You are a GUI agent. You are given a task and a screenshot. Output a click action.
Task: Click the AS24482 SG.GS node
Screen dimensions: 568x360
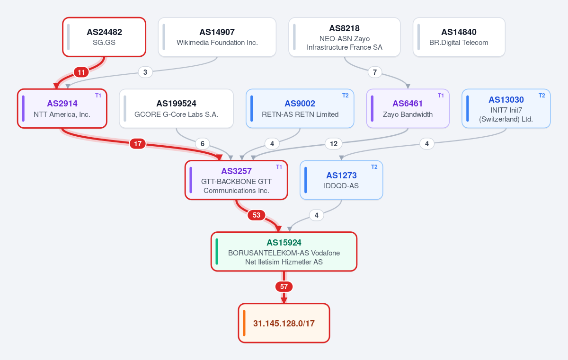104,37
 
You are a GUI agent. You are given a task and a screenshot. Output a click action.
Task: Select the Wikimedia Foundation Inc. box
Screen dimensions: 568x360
217,37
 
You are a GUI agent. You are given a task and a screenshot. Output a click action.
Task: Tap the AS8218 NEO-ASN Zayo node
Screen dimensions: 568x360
345,37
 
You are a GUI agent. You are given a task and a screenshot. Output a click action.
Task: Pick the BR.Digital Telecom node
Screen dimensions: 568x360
459,37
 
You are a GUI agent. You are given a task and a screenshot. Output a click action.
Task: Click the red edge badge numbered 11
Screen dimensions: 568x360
81,72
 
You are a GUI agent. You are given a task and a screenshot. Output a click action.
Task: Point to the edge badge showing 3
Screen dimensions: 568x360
145,72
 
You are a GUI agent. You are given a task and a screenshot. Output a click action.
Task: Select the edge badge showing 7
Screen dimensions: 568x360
375,72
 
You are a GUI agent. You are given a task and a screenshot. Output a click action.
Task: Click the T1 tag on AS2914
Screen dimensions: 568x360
98,96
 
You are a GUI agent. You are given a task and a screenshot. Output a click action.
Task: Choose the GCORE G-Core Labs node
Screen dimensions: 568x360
176,108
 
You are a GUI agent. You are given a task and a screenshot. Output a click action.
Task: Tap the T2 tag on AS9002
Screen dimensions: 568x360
346,96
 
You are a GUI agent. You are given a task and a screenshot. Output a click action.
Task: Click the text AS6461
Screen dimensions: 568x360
408,103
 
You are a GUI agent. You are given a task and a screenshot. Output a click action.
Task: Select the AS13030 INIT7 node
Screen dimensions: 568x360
506,108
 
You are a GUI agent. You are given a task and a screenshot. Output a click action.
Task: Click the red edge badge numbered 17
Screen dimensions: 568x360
138,144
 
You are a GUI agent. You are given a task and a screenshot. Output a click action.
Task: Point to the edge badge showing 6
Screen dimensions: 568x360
203,144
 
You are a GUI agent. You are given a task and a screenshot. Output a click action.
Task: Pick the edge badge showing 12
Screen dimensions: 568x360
334,144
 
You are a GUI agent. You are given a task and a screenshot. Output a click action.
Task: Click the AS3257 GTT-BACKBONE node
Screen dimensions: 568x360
236,180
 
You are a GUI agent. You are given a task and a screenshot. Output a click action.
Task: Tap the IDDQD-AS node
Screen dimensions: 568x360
341,180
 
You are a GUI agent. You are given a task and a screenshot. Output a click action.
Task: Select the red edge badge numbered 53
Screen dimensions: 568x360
257,215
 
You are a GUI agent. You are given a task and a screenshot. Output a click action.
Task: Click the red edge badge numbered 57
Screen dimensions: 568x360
284,287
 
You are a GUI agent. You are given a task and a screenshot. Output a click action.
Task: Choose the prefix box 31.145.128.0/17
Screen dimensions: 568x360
284,323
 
